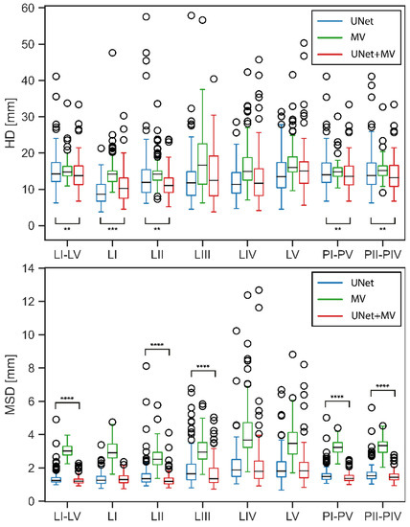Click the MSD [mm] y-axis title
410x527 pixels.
pos(9,385)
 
